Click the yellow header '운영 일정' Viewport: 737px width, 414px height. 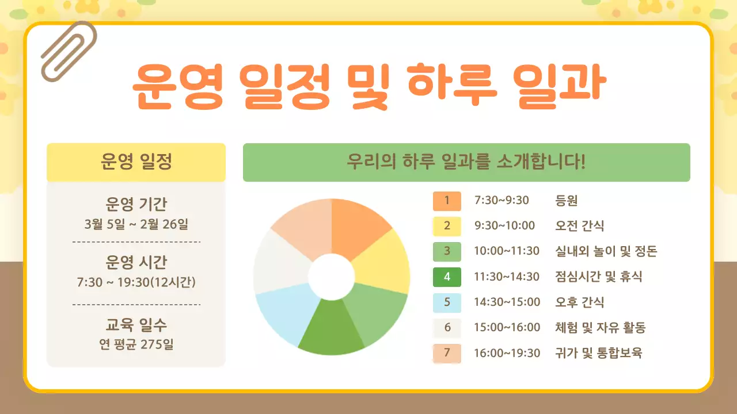coord(136,162)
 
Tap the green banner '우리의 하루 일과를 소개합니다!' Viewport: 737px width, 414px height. coord(466,162)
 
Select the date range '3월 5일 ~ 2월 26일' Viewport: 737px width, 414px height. coord(136,224)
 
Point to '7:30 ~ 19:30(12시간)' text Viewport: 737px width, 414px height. coord(136,282)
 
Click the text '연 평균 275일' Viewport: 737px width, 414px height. coord(136,344)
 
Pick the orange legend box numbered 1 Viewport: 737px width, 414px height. coord(447,201)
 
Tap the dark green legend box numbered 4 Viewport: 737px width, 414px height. coord(447,277)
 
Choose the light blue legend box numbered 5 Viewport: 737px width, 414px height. coord(447,302)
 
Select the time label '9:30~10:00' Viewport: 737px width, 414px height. coord(504,226)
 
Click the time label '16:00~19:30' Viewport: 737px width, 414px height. coord(507,353)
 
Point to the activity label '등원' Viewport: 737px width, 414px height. coord(567,201)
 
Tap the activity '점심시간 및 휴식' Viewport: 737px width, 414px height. coord(598,277)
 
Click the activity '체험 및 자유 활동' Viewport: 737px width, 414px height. coord(600,328)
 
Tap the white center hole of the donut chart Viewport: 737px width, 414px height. coord(332,277)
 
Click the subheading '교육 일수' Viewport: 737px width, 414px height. coord(136,325)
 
